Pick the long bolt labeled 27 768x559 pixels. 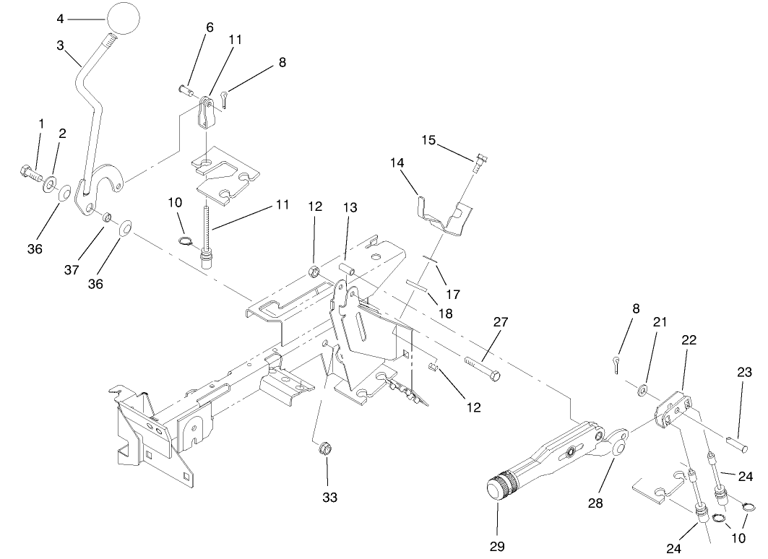[481, 368]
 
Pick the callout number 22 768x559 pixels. [689, 340]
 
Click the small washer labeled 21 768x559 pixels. [642, 391]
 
